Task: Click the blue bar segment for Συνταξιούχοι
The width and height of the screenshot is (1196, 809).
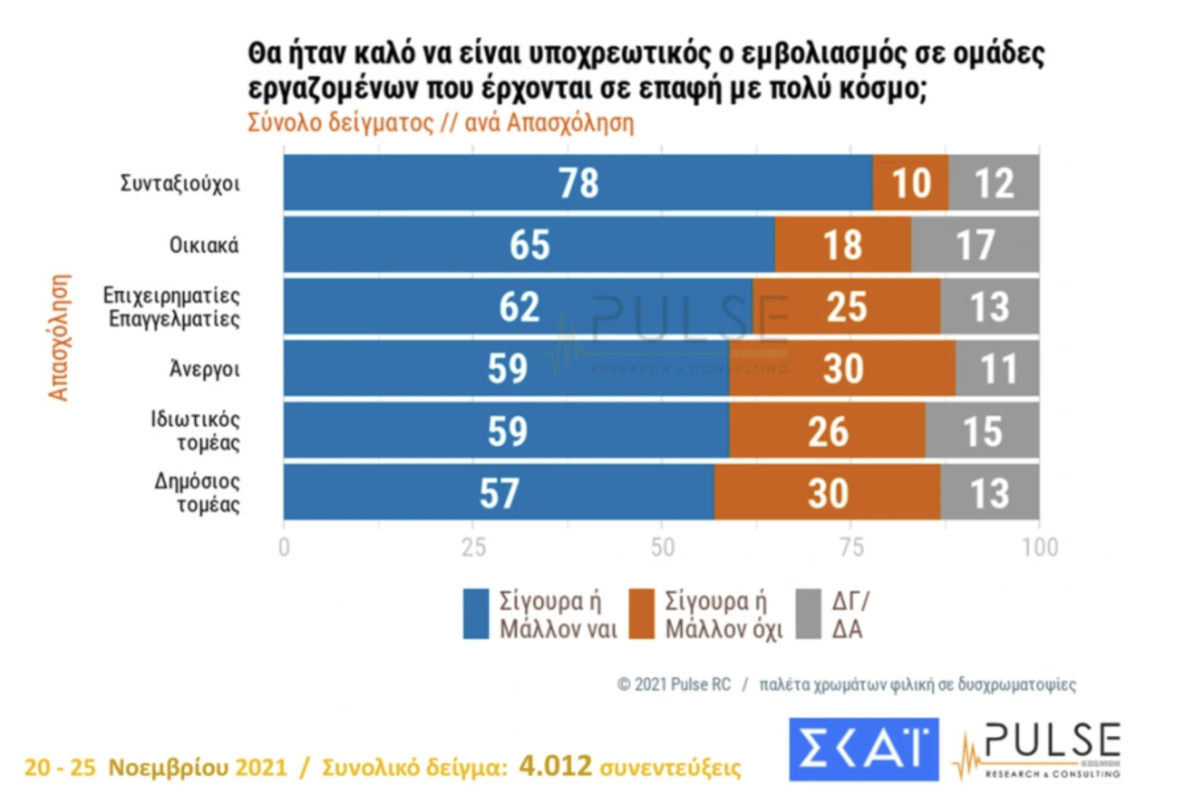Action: (578, 183)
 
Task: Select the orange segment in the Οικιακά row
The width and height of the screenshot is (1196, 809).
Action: (843, 245)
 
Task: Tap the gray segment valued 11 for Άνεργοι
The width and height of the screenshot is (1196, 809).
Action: (998, 368)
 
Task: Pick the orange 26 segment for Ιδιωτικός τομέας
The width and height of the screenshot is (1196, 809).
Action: (827, 431)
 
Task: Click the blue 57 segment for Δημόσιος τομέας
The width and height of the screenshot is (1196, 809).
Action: (498, 493)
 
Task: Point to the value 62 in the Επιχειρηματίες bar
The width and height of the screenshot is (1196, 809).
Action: (519, 307)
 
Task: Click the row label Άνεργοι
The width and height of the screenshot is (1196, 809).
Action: (204, 369)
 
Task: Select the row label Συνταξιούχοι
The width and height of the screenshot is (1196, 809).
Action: (180, 183)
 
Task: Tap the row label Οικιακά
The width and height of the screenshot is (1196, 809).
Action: (204, 245)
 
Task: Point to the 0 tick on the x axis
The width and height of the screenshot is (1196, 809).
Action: (284, 548)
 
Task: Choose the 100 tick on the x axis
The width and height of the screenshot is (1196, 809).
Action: (1039, 548)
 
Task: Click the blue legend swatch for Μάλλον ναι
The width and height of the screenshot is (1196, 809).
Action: (475, 614)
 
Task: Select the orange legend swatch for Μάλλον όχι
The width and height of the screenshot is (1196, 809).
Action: (641, 614)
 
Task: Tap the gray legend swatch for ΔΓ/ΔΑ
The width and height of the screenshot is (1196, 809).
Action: (808, 614)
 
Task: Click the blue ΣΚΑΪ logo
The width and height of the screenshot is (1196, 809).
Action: (863, 750)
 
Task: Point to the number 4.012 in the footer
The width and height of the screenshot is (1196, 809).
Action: (555, 766)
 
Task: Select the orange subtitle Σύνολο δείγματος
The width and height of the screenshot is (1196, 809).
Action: (340, 123)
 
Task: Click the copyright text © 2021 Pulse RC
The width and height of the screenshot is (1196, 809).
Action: (674, 685)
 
